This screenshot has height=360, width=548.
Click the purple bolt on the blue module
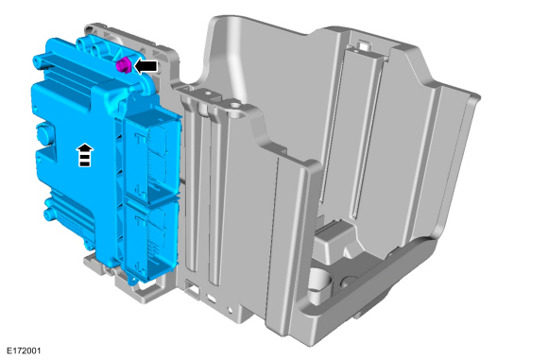tap(123, 65)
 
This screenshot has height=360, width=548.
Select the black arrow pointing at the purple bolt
tap(146, 66)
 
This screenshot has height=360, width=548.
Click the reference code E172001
tap(24, 351)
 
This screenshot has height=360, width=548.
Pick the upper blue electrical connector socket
tap(152, 157)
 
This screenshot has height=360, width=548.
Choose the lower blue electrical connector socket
tap(151, 241)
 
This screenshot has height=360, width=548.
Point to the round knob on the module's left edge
tap(44, 134)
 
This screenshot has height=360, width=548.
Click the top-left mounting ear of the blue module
tap(38, 61)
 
